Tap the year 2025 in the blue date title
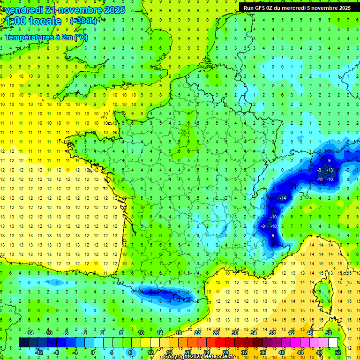click(x=114, y=10)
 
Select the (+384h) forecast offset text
click(x=83, y=21)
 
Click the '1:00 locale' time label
click(x=33, y=21)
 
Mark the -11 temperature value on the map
click(x=320, y=179)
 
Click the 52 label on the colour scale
click(x=338, y=333)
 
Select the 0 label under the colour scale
click(x=93, y=352)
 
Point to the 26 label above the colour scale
click(x=216, y=333)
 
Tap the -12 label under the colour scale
click(x=39, y=352)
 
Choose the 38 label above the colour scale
click(x=272, y=333)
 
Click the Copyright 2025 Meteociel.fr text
click(x=199, y=357)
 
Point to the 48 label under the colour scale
click(x=319, y=352)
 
